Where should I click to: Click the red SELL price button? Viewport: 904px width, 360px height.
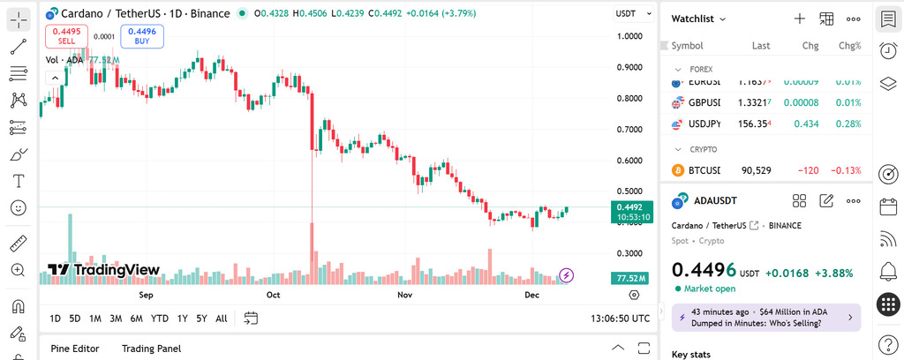tap(66, 36)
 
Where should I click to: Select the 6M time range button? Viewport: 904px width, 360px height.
tap(136, 319)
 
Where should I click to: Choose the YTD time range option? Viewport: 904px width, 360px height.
tap(160, 319)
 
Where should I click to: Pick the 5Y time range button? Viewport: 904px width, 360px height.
tap(201, 319)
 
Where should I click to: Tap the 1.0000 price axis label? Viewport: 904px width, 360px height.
tap(629, 36)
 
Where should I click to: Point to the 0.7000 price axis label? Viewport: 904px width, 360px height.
tap(629, 130)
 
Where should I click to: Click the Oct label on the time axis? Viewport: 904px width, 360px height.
tap(274, 295)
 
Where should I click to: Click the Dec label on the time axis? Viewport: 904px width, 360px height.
tap(532, 295)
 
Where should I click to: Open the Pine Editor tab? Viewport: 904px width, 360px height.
tap(74, 349)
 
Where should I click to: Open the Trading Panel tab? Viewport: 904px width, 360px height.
tap(151, 349)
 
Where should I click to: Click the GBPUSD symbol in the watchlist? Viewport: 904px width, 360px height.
tap(704, 102)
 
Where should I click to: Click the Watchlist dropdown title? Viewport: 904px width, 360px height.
tap(698, 19)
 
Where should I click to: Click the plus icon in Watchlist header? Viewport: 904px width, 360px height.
tap(799, 19)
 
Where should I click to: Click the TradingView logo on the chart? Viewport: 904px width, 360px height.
tap(103, 270)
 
